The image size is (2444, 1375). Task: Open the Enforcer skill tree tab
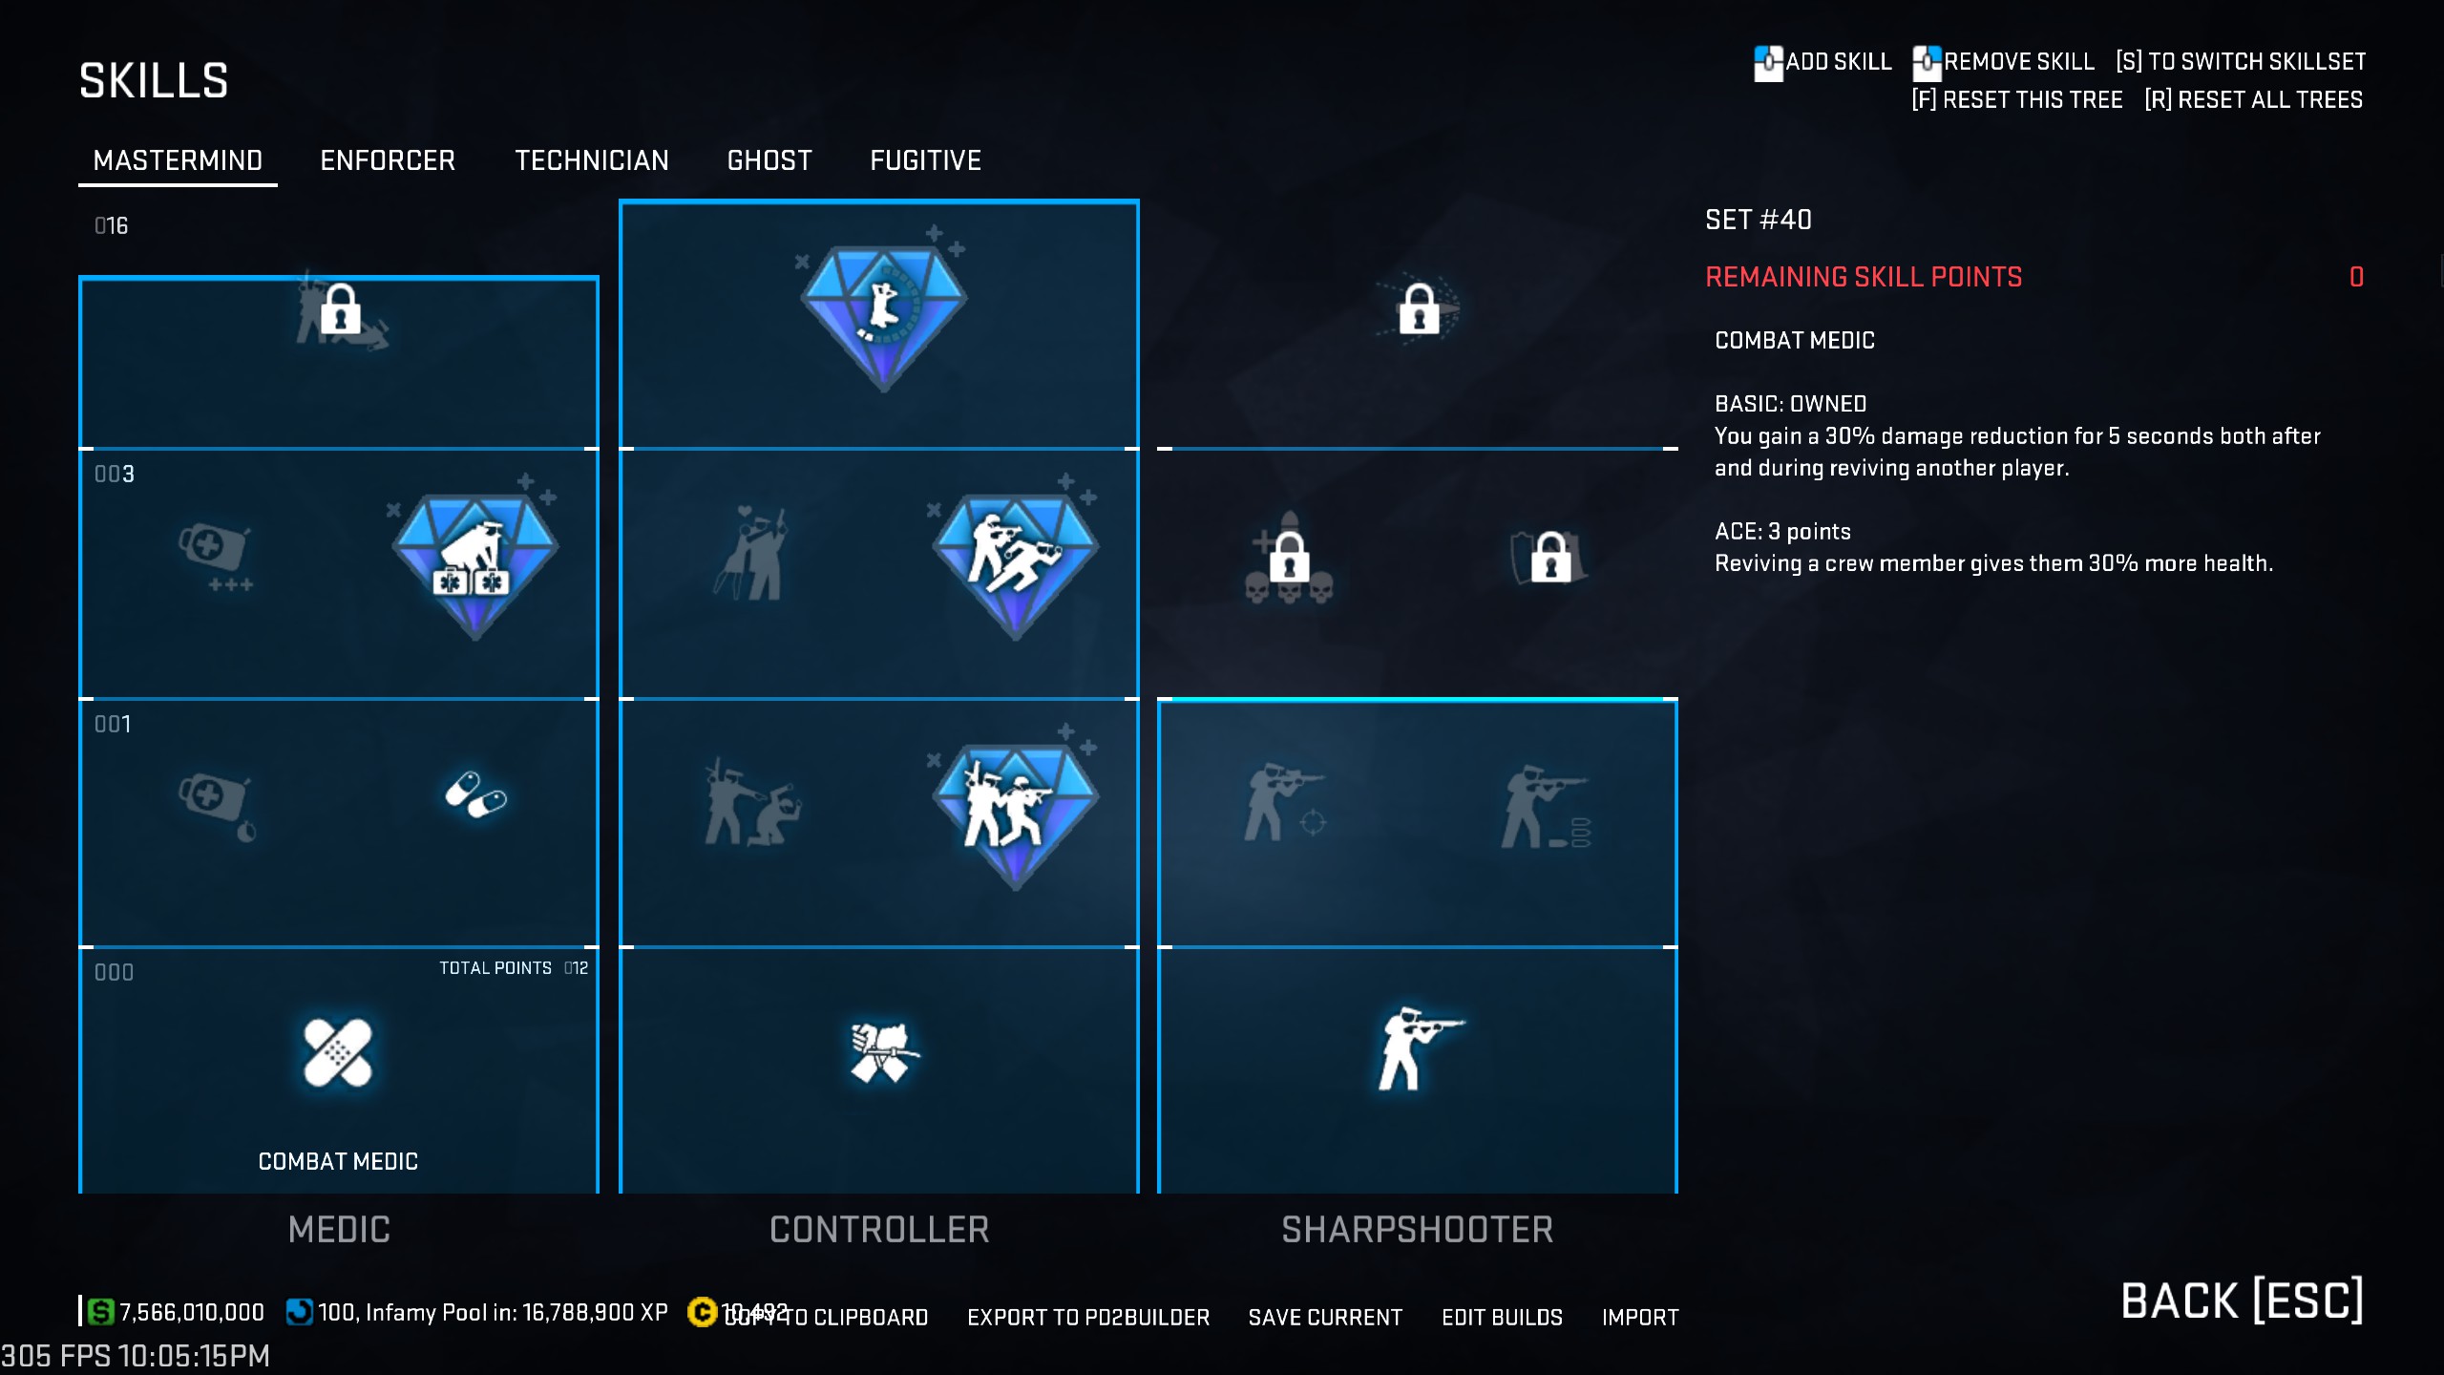[388, 160]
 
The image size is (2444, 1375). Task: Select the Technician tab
[592, 160]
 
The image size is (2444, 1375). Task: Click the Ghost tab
[769, 160]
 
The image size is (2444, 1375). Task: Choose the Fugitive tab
[925, 160]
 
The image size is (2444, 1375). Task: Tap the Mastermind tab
[178, 160]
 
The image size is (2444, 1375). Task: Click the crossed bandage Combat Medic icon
[338, 1053]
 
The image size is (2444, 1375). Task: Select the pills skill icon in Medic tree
[475, 794]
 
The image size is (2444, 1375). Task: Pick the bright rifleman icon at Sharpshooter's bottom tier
[1418, 1048]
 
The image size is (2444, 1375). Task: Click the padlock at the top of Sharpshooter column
[1419, 309]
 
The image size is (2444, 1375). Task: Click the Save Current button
[1325, 1318]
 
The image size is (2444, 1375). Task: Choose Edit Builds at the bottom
[1502, 1318]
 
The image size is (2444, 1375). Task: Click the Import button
[1640, 1318]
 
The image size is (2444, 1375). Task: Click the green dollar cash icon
[100, 1312]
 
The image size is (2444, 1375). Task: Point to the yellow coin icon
[702, 1312]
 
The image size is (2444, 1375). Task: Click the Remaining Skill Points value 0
[2356, 277]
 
